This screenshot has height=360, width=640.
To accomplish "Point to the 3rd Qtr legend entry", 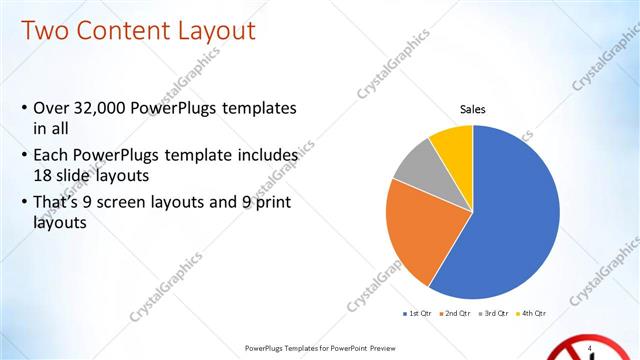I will point(496,314).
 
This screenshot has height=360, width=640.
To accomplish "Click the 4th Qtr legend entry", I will point(532,314).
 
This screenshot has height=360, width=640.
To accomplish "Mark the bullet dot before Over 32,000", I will point(24,108).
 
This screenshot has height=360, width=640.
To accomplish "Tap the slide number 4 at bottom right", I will point(591,347).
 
